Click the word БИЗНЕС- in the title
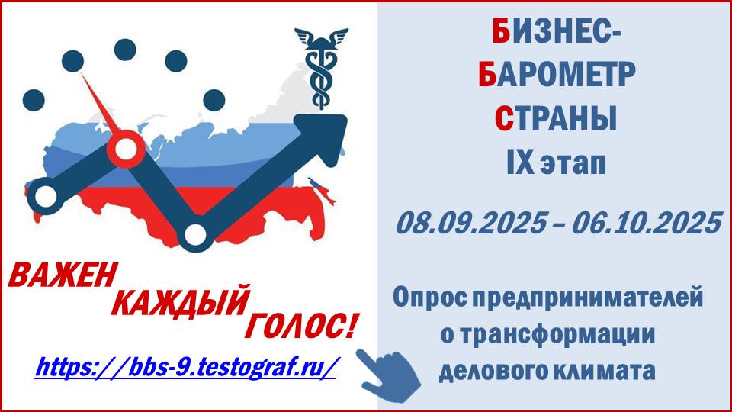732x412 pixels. (556, 34)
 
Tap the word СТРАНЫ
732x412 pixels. (556, 119)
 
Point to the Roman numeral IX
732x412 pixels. (520, 163)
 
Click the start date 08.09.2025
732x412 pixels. (471, 224)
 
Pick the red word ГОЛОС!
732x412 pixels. (301, 326)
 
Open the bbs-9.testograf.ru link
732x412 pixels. (185, 366)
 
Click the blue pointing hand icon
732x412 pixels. (388, 375)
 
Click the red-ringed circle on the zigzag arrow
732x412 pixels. (126, 149)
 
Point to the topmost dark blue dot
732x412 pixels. (125, 50)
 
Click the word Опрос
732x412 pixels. (429, 297)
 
